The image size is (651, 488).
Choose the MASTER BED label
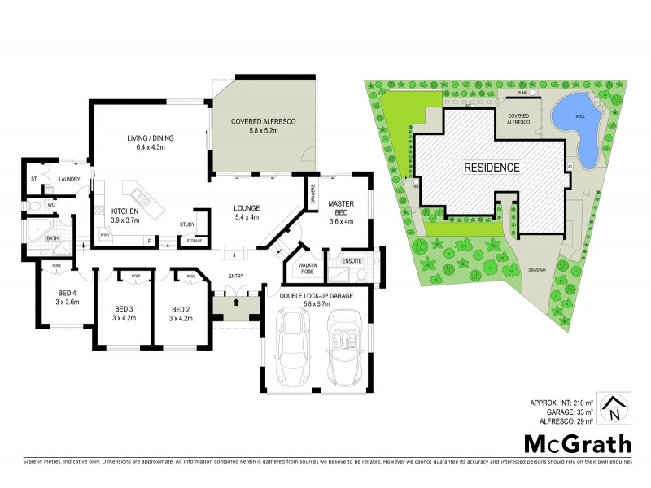(x=340, y=208)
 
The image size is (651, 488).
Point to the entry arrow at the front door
(x=234, y=303)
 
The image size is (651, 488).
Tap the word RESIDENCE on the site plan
(x=492, y=168)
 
